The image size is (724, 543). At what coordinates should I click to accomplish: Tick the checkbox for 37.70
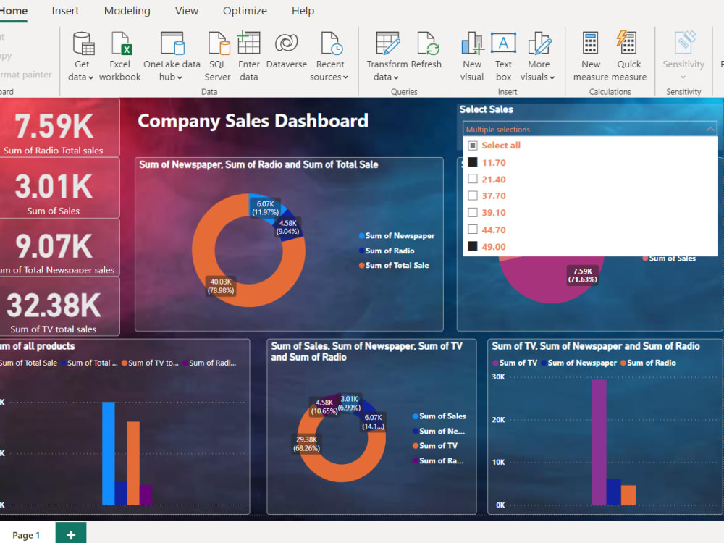pyautogui.click(x=473, y=195)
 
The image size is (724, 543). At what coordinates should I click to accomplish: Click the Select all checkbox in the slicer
pyautogui.click(x=473, y=146)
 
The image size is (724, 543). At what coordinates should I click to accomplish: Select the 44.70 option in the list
pyautogui.click(x=494, y=230)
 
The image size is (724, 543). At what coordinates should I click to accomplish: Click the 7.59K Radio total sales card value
pyautogui.click(x=54, y=127)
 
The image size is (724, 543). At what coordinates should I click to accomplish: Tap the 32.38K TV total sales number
pyautogui.click(x=54, y=306)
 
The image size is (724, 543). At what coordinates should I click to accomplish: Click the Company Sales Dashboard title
pyautogui.click(x=253, y=121)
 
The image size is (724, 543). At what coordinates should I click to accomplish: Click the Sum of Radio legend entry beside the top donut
pyautogui.click(x=390, y=251)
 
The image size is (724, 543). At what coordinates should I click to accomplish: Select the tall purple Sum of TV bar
pyautogui.click(x=599, y=442)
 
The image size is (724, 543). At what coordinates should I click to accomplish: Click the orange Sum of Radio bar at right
pyautogui.click(x=628, y=495)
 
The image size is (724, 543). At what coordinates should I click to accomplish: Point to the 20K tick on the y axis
pyautogui.click(x=498, y=419)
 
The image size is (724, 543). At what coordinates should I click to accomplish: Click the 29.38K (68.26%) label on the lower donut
pyautogui.click(x=307, y=444)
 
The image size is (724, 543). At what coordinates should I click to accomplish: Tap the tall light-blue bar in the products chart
pyautogui.click(x=109, y=452)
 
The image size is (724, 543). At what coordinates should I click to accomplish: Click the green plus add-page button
pyautogui.click(x=70, y=534)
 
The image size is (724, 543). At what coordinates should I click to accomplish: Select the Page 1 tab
pyautogui.click(x=26, y=535)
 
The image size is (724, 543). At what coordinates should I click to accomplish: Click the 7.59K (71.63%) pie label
pyautogui.click(x=582, y=275)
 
